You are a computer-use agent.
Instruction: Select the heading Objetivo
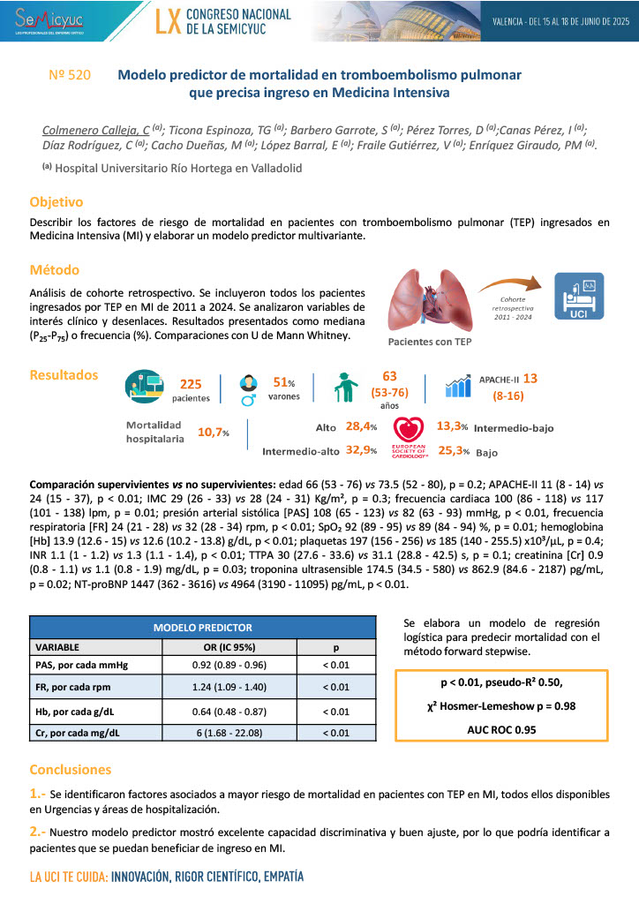click(x=56, y=201)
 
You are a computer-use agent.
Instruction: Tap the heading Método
click(x=55, y=270)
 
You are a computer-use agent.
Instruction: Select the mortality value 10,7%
click(x=212, y=432)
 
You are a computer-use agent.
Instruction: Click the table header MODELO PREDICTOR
click(x=203, y=628)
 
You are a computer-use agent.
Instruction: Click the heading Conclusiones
click(x=71, y=769)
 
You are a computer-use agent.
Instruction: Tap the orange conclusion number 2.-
click(x=39, y=831)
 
